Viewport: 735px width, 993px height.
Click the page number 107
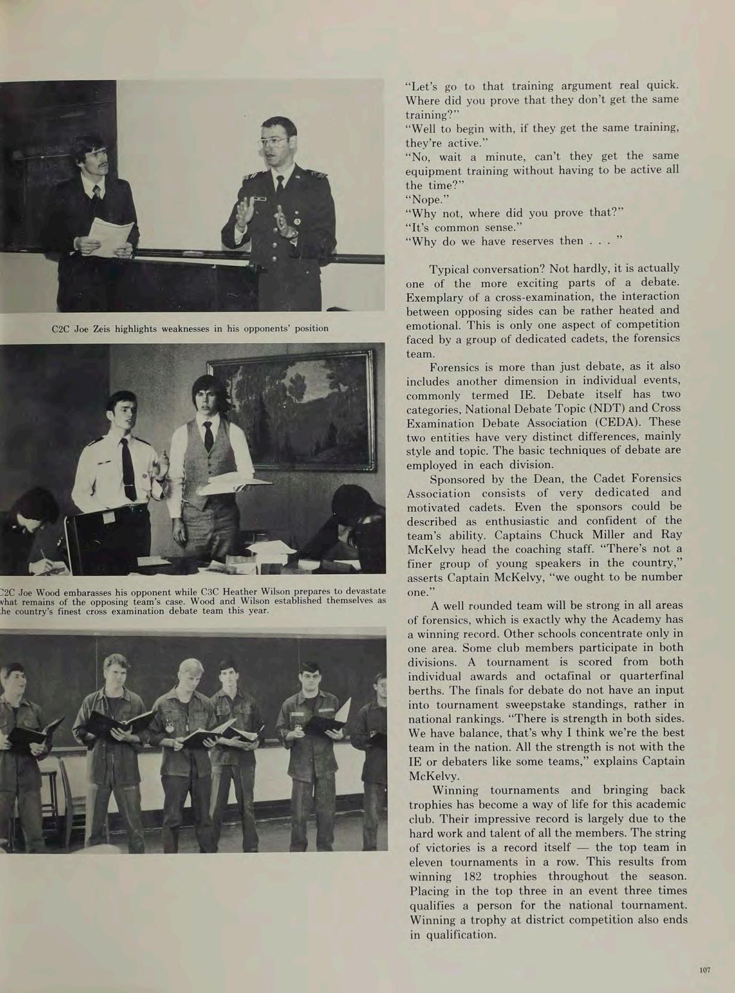point(705,970)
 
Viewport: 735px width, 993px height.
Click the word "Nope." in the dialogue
point(424,199)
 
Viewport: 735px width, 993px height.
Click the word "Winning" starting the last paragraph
point(455,790)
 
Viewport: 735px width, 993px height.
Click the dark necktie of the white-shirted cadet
point(128,469)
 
